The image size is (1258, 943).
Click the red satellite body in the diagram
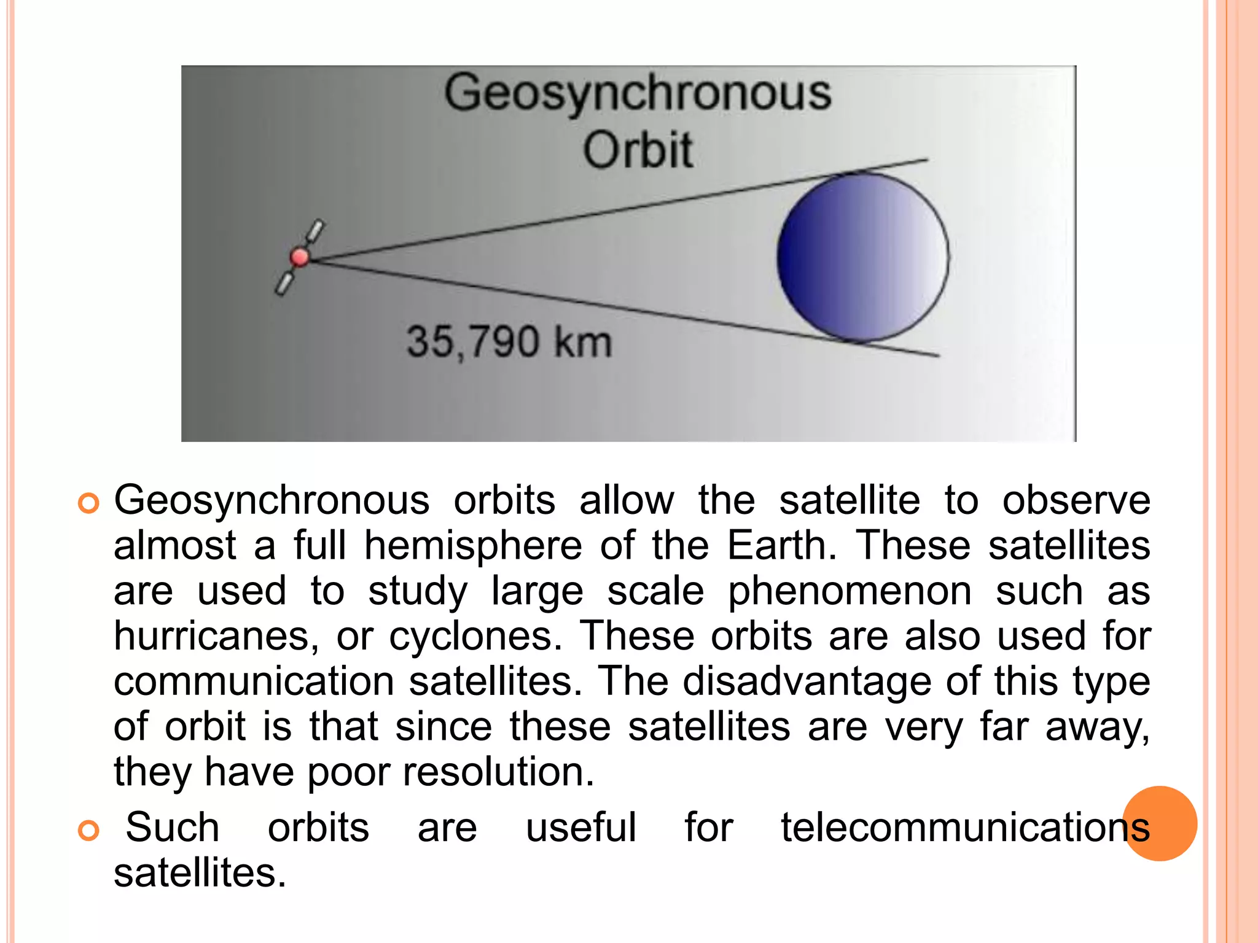click(300, 257)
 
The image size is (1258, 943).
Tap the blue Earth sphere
click(862, 257)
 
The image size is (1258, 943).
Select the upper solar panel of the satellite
click(315, 231)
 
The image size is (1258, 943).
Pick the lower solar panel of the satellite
click(284, 284)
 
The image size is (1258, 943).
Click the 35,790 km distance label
click(509, 342)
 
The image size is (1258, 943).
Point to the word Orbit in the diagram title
click(638, 150)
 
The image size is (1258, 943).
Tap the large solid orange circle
click(1160, 823)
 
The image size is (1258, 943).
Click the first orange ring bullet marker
click(89, 503)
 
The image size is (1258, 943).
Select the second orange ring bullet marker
click(89, 831)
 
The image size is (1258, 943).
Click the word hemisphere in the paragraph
click(473, 546)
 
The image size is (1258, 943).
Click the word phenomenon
click(850, 591)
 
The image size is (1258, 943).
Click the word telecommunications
click(964, 827)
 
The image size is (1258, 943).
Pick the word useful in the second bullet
click(580, 827)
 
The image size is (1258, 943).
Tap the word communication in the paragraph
click(254, 681)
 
